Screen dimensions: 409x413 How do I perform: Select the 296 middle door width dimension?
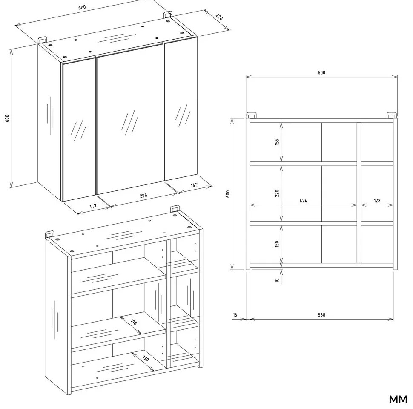click(143, 196)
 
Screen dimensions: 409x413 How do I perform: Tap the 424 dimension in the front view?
click(304, 200)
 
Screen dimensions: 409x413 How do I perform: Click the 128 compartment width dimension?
click(377, 200)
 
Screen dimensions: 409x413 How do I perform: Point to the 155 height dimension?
click(277, 142)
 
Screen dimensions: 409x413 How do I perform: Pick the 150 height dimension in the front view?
click(277, 244)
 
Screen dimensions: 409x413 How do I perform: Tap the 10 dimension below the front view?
click(277, 280)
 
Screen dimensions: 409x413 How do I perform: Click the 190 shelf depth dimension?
click(134, 323)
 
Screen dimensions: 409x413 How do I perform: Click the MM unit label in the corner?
click(398, 399)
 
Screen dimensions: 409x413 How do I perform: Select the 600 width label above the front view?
click(321, 72)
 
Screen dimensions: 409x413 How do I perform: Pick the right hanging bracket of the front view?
click(391, 115)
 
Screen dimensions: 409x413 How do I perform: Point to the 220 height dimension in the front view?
click(277, 193)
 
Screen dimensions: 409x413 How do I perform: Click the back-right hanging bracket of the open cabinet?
click(175, 209)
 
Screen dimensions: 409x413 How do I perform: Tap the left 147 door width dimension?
click(93, 206)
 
